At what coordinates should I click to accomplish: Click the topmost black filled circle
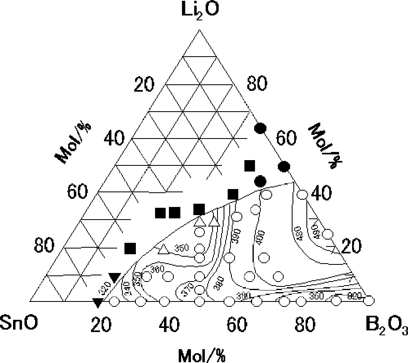click(x=260, y=129)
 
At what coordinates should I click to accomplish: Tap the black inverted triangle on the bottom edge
click(x=98, y=302)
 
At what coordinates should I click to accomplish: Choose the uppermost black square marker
click(x=249, y=165)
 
